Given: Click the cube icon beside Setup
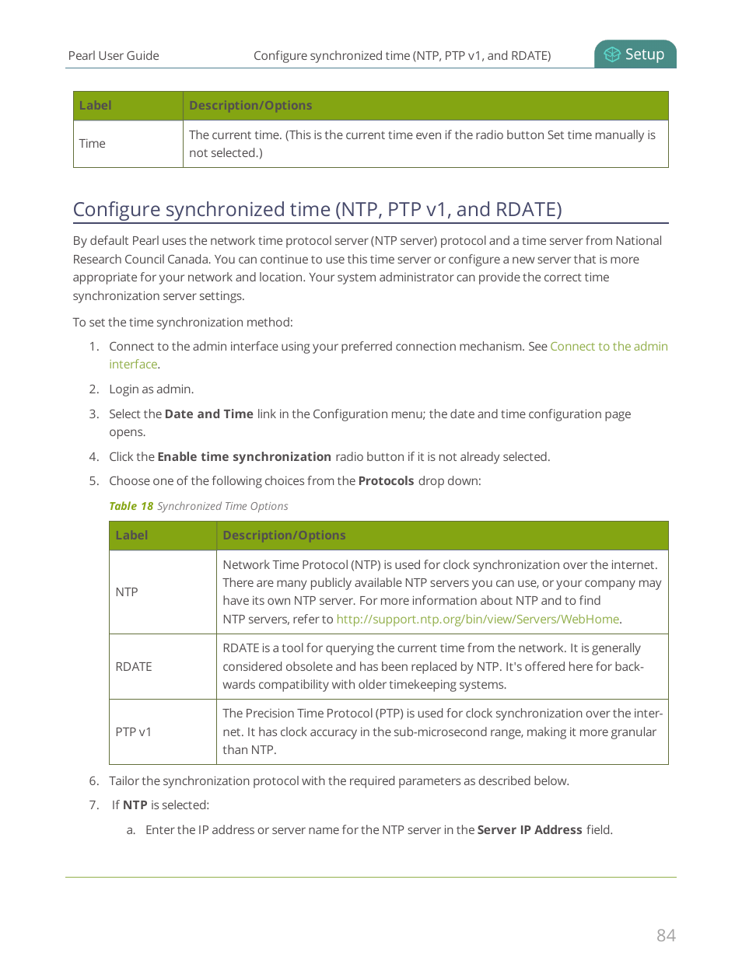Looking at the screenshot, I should click(x=612, y=54).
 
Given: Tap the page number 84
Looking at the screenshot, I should click(x=666, y=935).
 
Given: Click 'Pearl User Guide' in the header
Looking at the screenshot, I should click(x=114, y=56).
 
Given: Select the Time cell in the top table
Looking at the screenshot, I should click(x=93, y=144).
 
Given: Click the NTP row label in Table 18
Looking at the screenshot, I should click(x=127, y=592).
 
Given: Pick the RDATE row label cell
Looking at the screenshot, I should click(x=134, y=667).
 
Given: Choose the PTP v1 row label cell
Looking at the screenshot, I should click(x=134, y=732).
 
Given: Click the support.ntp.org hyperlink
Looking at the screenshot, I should click(x=478, y=620).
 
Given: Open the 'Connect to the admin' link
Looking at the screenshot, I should click(x=608, y=347).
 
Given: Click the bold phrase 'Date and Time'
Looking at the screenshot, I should click(x=208, y=414).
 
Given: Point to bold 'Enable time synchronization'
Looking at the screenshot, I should click(x=244, y=457).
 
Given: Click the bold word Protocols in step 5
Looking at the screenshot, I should click(x=386, y=481).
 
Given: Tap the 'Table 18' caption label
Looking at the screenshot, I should click(x=131, y=506).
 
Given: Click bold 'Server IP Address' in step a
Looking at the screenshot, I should click(x=529, y=830).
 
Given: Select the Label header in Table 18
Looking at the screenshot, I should click(x=131, y=536).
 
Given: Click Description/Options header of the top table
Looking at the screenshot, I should click(x=250, y=106).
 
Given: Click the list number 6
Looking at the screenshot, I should click(x=93, y=781).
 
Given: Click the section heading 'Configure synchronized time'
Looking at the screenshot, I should click(x=317, y=210).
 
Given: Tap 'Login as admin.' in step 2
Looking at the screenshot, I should click(x=151, y=389).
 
